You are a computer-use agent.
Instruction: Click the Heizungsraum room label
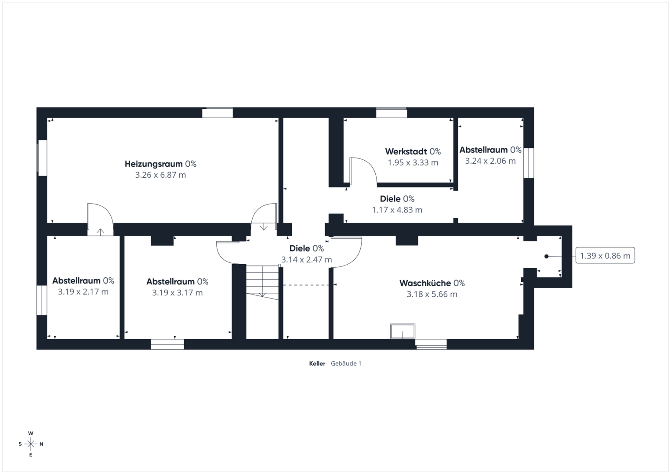154,164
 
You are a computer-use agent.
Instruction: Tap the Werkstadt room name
406,151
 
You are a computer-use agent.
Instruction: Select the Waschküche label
425,283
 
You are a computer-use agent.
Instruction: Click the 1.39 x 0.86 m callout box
605,255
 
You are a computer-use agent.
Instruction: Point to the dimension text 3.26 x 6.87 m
160,175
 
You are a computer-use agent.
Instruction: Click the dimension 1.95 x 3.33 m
413,162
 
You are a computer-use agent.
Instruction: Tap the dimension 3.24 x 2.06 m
490,161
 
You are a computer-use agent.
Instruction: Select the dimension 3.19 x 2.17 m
83,292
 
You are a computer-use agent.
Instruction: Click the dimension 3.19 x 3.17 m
178,293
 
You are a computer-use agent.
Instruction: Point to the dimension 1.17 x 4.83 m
397,210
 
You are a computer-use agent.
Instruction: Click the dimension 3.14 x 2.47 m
306,259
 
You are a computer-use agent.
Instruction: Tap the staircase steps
262,281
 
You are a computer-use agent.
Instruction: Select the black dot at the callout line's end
546,256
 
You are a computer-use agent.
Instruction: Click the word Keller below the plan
317,363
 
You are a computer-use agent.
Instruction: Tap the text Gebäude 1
346,363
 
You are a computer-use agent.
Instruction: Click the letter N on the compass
41,444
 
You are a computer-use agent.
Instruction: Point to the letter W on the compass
31,433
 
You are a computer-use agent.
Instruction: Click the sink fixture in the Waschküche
403,331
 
